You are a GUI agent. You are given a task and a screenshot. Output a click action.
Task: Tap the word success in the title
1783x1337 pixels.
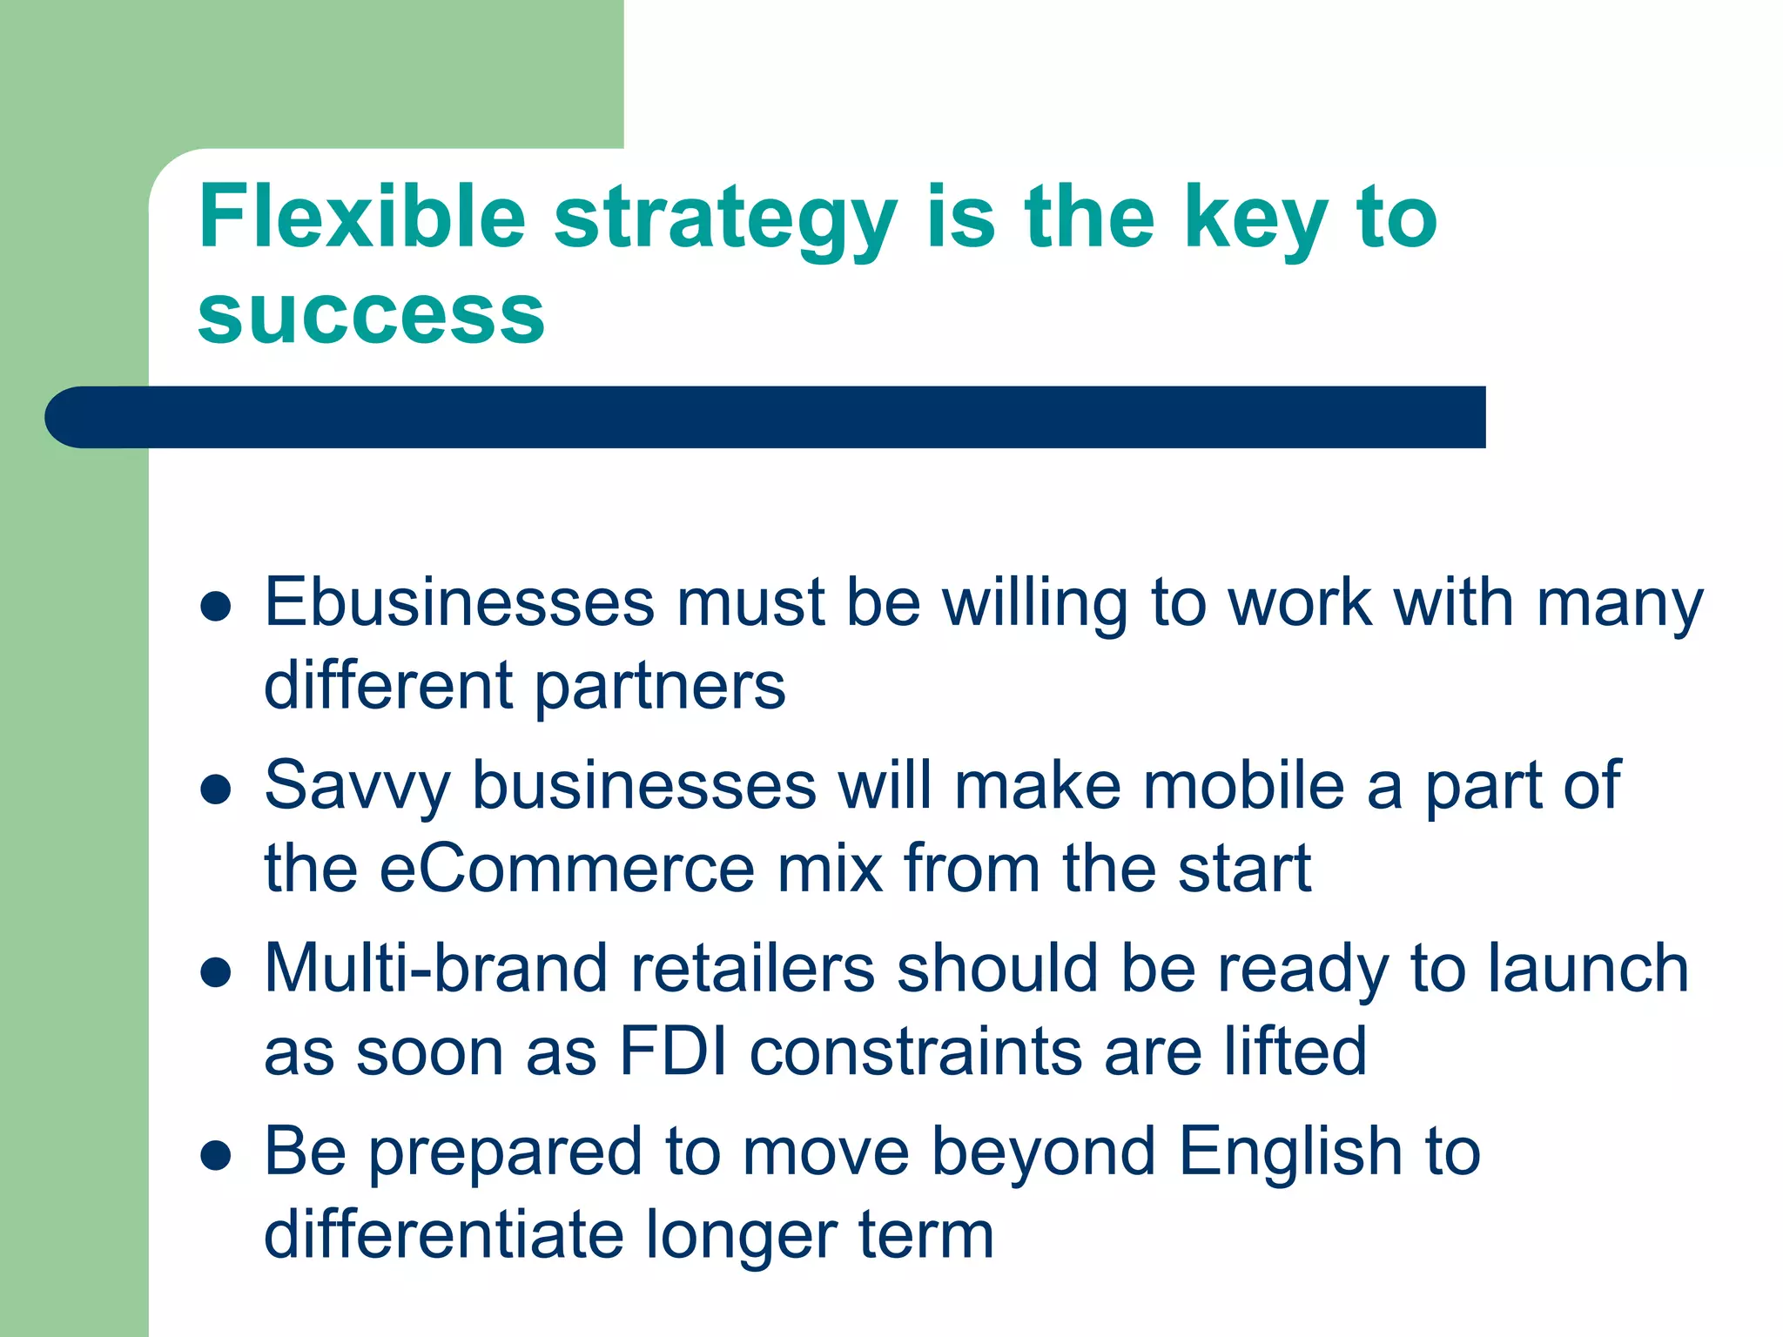pyautogui.click(x=371, y=315)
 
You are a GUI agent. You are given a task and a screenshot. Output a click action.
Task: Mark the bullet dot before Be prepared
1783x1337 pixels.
pyautogui.click(x=215, y=1155)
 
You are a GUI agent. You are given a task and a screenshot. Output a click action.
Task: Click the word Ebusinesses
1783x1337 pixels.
pyautogui.click(x=459, y=602)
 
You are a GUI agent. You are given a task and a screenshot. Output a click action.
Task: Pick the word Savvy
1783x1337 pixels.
pyautogui.click(x=357, y=786)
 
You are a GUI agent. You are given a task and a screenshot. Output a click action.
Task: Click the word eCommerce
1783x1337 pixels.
pyautogui.click(x=567, y=869)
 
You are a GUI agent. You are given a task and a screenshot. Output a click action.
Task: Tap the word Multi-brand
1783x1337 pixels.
pyautogui.click(x=435, y=969)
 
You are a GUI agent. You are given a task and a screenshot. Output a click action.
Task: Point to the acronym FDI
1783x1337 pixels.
pyautogui.click(x=673, y=1051)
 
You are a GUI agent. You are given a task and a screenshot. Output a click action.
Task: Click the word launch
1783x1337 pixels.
pyautogui.click(x=1587, y=969)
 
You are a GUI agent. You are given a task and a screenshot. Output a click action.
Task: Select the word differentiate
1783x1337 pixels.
pyautogui.click(x=443, y=1235)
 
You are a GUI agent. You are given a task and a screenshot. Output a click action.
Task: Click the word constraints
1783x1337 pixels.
pyautogui.click(x=915, y=1051)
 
